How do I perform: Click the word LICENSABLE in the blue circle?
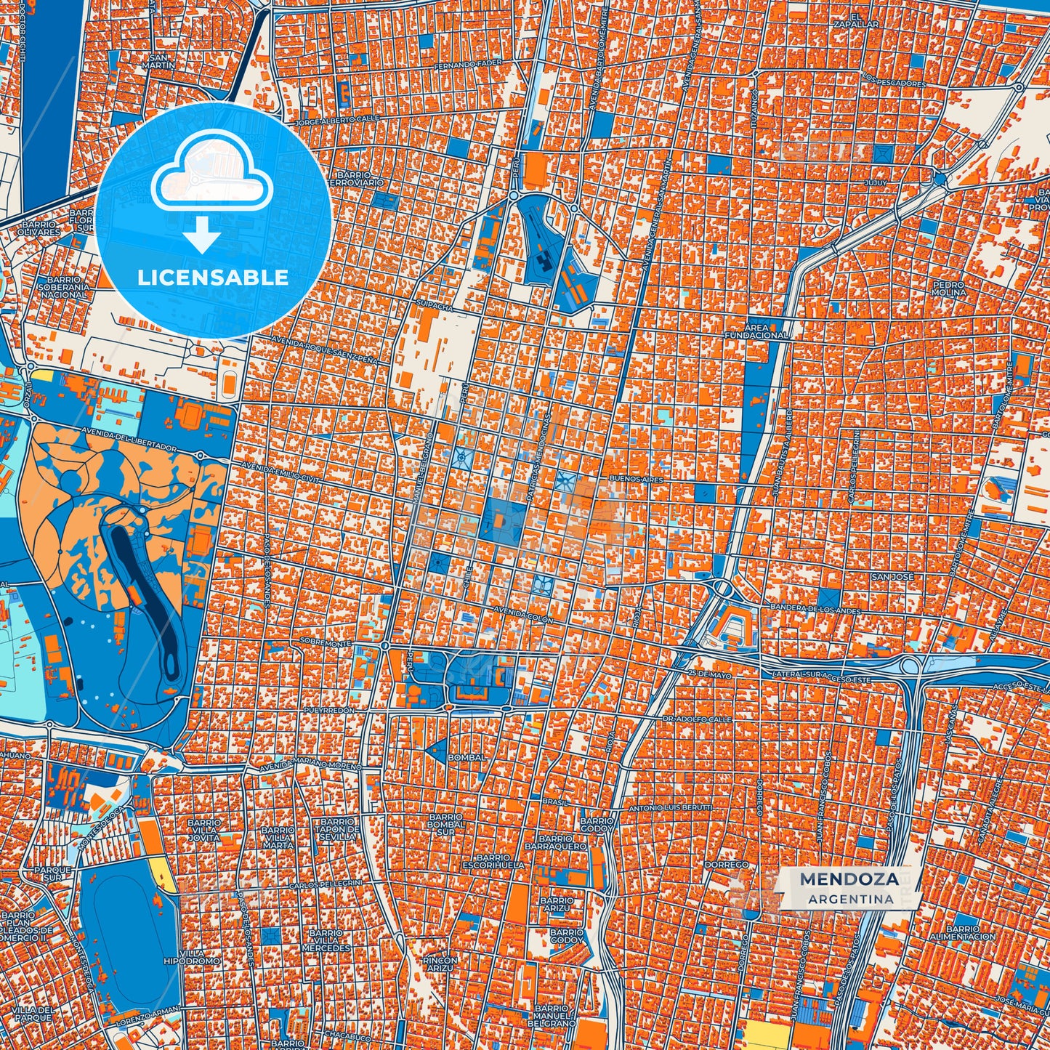coord(213,278)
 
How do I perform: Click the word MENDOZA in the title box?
coord(849,879)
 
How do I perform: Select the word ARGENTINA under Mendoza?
coord(850,899)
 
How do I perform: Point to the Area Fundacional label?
coord(756,332)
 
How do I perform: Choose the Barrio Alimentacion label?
coord(963,933)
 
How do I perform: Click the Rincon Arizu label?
coord(440,964)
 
